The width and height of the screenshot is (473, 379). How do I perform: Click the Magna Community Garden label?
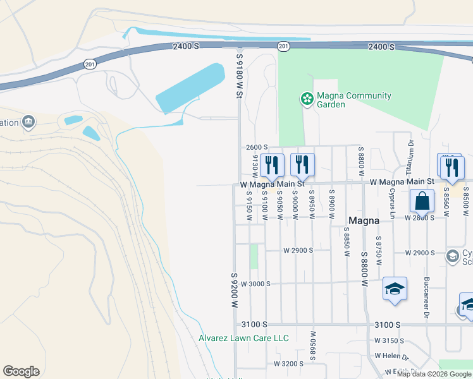point(353,100)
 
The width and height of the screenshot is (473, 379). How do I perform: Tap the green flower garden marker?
point(307,99)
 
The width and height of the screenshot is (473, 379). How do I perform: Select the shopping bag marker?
point(422,202)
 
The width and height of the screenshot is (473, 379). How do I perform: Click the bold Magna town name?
point(364,220)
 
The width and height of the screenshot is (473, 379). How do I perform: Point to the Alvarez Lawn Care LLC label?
point(243,339)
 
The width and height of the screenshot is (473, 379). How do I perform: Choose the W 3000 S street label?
point(255,284)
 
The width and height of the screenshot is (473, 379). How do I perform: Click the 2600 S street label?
point(257,147)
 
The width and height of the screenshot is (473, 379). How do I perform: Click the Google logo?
point(21,371)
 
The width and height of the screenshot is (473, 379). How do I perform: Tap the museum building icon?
point(28,121)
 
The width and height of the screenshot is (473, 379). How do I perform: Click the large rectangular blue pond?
point(190,88)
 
